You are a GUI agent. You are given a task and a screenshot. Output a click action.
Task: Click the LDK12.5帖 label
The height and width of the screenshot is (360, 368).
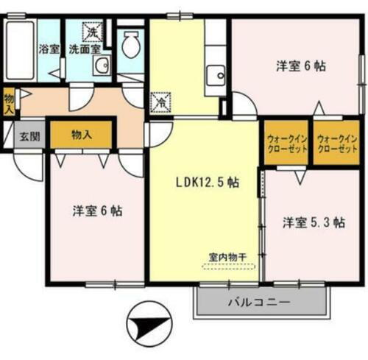point(206,182)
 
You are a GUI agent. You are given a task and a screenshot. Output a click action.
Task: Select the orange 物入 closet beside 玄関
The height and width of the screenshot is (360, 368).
point(81,135)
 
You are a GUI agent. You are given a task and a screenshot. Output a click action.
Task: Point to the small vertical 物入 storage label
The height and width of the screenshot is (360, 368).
point(8,101)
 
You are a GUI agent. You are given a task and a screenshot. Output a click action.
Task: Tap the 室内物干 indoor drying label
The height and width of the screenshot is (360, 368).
point(227,257)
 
